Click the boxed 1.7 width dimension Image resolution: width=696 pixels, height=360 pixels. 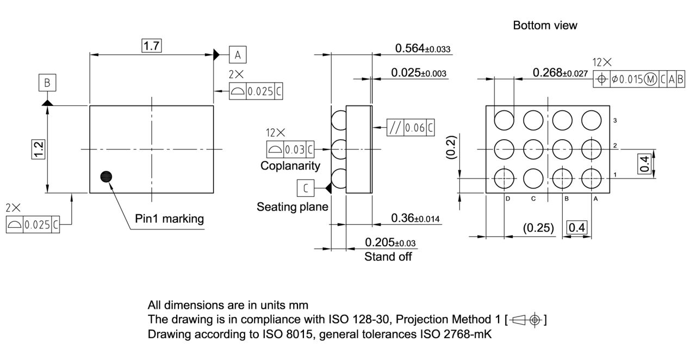coord(151,46)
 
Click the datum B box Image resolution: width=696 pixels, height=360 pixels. coord(47,83)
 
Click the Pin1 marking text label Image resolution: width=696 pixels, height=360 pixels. coord(169,219)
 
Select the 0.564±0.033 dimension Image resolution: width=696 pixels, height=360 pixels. coord(422,48)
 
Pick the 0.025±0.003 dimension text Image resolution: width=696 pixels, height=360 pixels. coord(419,72)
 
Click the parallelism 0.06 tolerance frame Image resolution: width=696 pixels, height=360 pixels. coord(411,128)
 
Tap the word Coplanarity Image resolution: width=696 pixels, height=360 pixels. coord(290,165)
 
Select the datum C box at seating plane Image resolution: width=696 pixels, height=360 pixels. coord(306,188)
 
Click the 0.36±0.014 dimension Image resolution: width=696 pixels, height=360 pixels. coord(415,218)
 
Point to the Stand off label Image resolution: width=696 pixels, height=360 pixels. coord(388,257)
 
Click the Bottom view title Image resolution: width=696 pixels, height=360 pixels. coord(545,26)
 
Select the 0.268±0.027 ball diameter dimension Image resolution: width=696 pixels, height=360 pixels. coord(560,73)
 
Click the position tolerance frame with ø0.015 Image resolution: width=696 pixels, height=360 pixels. coord(638,79)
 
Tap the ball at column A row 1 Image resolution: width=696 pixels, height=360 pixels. coord(592,177)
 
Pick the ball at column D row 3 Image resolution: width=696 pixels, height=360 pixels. coord(504,119)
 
